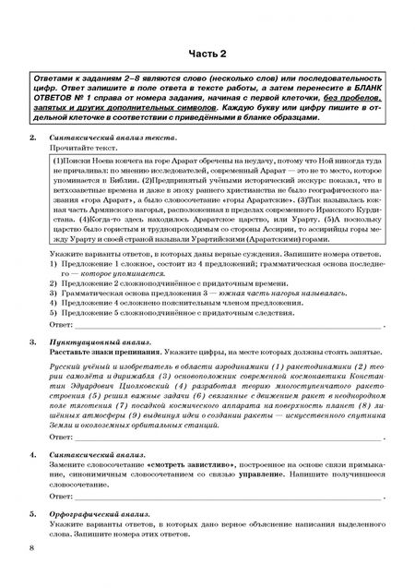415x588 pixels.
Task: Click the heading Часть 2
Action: [207, 54]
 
